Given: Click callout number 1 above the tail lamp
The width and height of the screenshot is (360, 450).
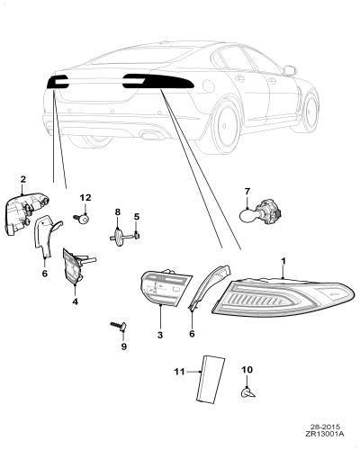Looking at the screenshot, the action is (x=283, y=262).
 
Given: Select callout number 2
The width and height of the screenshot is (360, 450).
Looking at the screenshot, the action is (x=23, y=179).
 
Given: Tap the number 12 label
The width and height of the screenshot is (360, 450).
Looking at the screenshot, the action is (x=85, y=198).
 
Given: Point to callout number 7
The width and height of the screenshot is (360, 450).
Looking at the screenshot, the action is (x=247, y=191).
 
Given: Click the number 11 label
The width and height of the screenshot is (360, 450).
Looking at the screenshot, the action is (x=179, y=372).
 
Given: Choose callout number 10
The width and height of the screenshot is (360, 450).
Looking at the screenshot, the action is (x=247, y=370).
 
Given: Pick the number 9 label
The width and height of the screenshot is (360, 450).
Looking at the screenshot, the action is (x=123, y=346).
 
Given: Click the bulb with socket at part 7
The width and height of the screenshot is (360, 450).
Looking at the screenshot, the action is (x=261, y=212).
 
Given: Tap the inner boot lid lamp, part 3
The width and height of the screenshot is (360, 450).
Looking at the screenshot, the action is (x=159, y=287).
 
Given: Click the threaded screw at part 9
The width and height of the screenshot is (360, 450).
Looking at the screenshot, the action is (x=119, y=326).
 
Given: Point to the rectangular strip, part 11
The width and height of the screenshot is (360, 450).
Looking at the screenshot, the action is (x=210, y=379).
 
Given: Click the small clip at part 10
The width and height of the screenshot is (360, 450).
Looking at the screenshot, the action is (x=247, y=392).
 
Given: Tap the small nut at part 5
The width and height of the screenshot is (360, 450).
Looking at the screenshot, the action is (x=137, y=236).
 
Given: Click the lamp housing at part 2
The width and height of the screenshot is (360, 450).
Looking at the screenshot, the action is (x=26, y=213).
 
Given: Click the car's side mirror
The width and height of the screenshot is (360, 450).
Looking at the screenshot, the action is (x=290, y=70).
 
